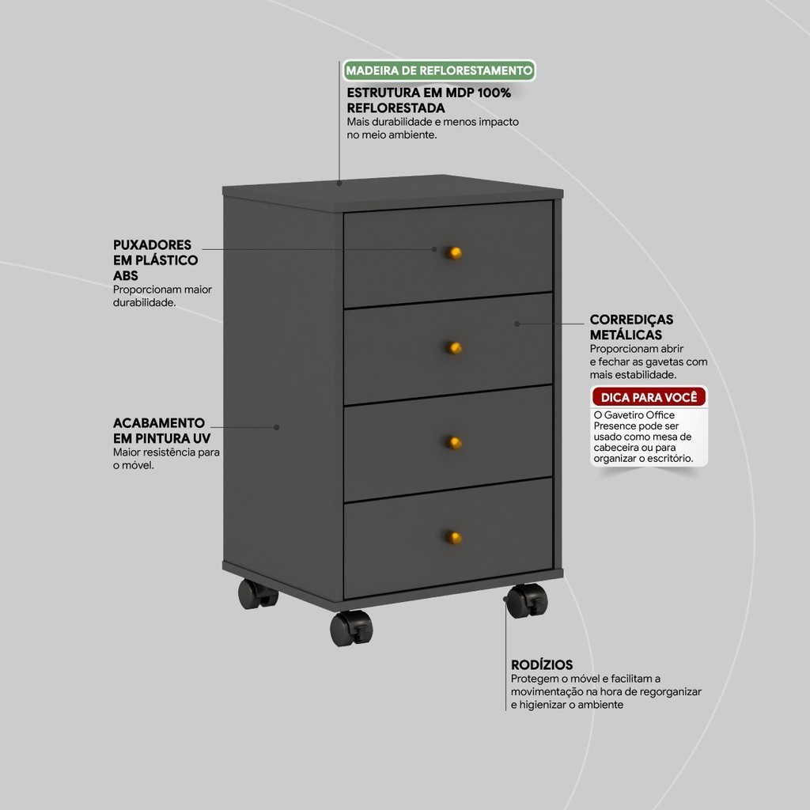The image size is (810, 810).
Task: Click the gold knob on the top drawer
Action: (x=453, y=253)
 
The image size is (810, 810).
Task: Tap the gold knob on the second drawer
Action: (x=453, y=348)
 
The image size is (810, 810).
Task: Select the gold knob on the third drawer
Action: (x=453, y=443)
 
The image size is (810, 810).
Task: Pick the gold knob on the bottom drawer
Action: (x=453, y=538)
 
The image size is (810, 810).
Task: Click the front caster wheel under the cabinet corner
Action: (x=351, y=628)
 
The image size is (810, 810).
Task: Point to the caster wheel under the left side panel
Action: (x=257, y=594)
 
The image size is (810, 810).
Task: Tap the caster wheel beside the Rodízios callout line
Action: (x=527, y=601)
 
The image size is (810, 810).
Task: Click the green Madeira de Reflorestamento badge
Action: (x=439, y=70)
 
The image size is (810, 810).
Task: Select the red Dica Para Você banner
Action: (x=649, y=397)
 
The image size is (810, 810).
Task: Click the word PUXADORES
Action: (x=152, y=245)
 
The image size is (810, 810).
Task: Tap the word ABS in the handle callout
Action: (x=126, y=276)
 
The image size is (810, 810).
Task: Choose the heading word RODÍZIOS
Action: (x=542, y=664)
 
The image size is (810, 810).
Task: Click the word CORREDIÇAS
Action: (x=631, y=320)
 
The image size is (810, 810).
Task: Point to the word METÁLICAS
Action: (x=626, y=335)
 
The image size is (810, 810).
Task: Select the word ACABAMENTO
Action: (x=159, y=423)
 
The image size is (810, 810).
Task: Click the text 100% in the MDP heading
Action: (x=494, y=93)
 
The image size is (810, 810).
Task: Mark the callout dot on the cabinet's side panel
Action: (x=276, y=427)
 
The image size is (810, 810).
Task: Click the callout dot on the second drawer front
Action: (x=517, y=324)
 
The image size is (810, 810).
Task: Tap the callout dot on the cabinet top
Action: (x=339, y=183)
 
